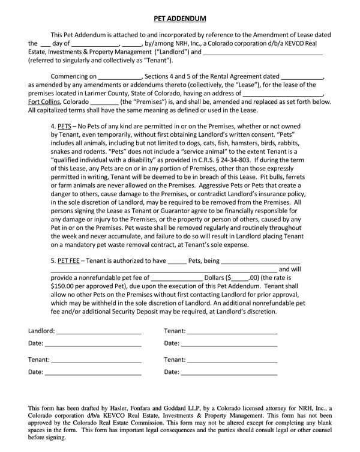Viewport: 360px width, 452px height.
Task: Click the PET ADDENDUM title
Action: [x=180, y=19]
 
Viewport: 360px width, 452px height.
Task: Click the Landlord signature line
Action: [x=99, y=331]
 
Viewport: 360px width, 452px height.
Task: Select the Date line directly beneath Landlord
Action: [x=93, y=344]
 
